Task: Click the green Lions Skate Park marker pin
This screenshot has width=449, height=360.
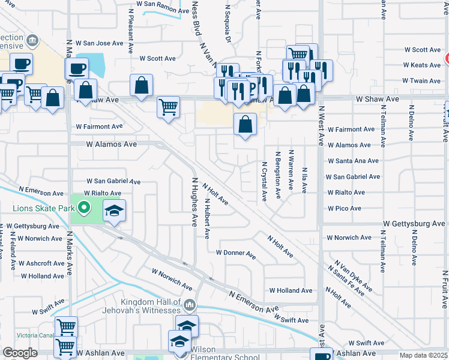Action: pyautogui.click(x=84, y=209)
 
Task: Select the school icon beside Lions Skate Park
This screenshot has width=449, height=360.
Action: pyautogui.click(x=114, y=211)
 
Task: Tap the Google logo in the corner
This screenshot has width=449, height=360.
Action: pyautogui.click(x=20, y=353)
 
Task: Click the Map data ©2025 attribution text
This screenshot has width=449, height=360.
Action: pyautogui.click(x=423, y=355)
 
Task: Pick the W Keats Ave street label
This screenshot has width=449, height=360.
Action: pyautogui.click(x=423, y=65)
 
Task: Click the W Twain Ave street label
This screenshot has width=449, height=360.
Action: pyautogui.click(x=423, y=80)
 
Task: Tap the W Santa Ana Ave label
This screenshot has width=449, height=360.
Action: pyautogui.click(x=353, y=161)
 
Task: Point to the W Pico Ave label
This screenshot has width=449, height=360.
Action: pyautogui.click(x=344, y=208)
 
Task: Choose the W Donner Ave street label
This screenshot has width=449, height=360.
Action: pyautogui.click(x=236, y=253)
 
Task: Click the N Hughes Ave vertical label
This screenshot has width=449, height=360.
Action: pyautogui.click(x=194, y=202)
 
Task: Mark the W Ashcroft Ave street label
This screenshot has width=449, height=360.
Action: pyautogui.click(x=41, y=263)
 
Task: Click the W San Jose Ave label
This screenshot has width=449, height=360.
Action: pyautogui.click(x=103, y=43)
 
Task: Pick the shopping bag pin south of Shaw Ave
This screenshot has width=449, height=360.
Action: pyautogui.click(x=245, y=125)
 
